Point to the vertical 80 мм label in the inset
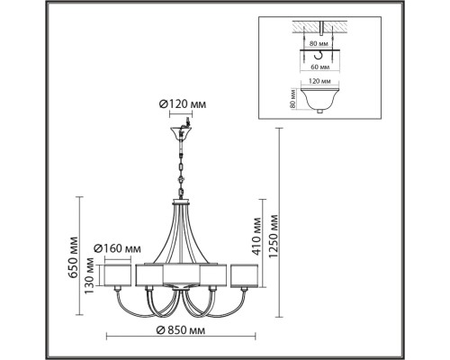coord(292,97)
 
